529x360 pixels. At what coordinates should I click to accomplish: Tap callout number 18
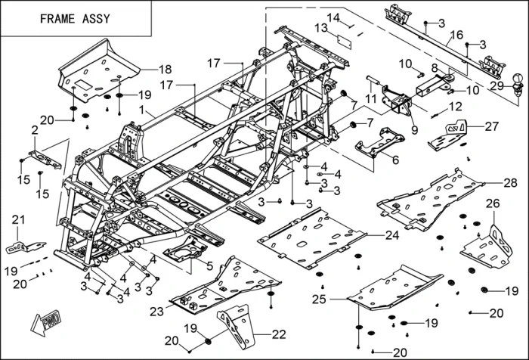(x=165, y=69)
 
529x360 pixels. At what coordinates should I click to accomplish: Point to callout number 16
(x=457, y=35)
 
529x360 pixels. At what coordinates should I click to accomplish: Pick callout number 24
(x=391, y=235)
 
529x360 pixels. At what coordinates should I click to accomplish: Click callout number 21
(x=17, y=219)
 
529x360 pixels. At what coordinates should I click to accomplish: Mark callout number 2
(x=35, y=131)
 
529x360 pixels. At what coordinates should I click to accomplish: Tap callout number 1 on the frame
(x=141, y=110)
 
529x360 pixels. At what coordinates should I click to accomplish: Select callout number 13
(x=320, y=27)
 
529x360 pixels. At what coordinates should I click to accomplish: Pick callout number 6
(x=395, y=160)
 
